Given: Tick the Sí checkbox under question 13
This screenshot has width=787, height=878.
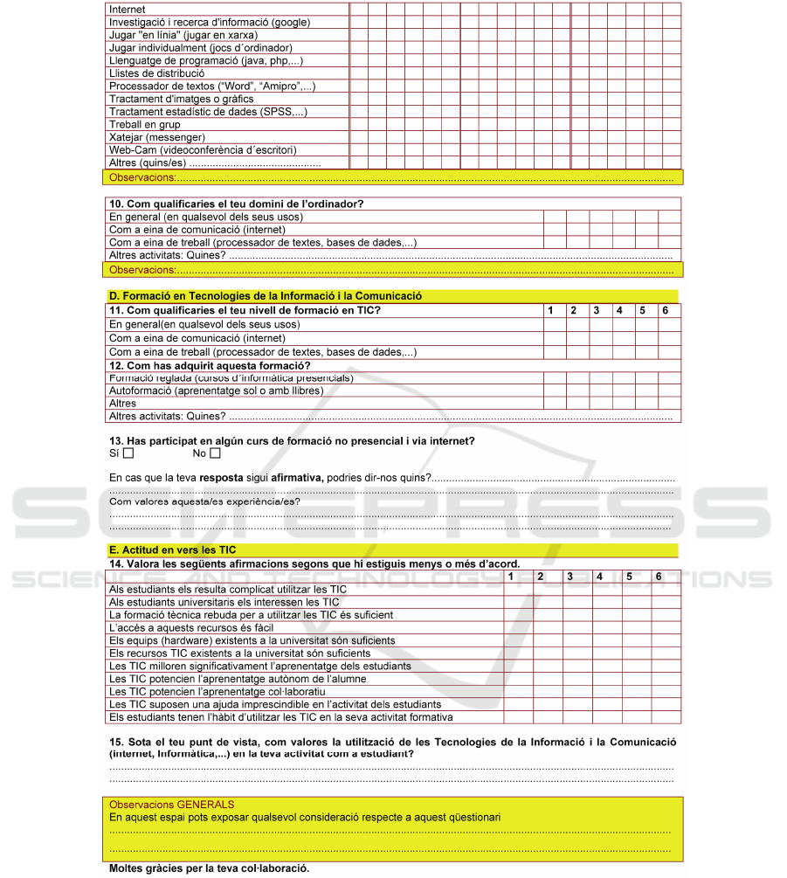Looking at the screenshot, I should [128, 453].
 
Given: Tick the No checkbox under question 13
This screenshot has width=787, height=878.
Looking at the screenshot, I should [215, 453].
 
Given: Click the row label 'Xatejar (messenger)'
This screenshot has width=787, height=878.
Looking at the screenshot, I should [157, 137].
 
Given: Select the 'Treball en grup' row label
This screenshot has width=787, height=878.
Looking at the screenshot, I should [145, 125].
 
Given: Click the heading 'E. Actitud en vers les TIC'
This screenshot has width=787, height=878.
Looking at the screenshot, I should [173, 550].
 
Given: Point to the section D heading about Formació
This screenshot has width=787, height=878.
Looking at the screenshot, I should [266, 297].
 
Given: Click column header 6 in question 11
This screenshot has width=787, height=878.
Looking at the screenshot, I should [665, 310].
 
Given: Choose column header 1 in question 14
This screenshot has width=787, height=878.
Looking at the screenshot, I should [512, 577].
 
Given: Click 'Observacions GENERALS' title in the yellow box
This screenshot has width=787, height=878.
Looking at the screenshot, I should [171, 805].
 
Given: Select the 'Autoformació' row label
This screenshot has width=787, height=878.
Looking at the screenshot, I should [216, 391].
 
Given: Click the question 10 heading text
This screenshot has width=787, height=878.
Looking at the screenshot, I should [236, 204].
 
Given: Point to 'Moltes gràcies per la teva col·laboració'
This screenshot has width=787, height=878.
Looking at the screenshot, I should [209, 869].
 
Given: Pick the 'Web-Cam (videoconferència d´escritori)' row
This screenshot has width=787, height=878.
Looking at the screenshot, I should [203, 150].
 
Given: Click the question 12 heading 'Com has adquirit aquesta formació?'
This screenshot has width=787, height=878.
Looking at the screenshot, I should [210, 365].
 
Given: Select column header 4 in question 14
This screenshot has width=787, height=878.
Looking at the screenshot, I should [599, 577].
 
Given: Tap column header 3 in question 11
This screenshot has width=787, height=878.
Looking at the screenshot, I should [596, 310].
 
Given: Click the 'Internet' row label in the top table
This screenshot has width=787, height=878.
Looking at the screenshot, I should [128, 9].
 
